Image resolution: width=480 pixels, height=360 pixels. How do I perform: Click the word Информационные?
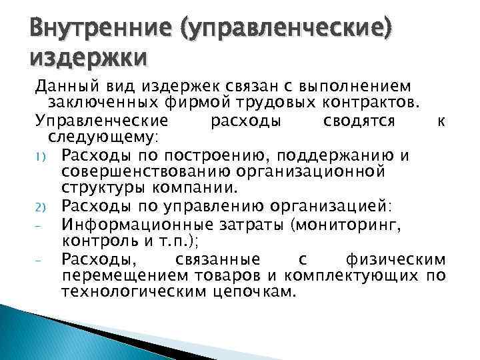pyautogui.click(x=137, y=223)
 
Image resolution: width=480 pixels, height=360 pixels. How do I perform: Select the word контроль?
pyautogui.click(x=94, y=240)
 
